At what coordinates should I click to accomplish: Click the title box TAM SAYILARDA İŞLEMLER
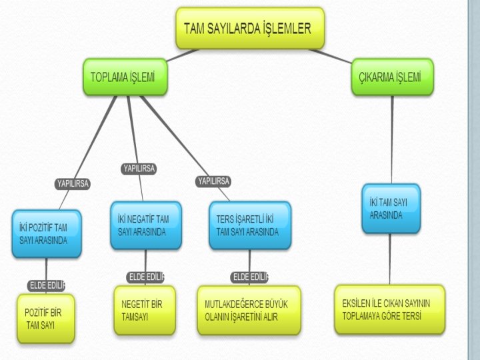pyautogui.click(x=250, y=28)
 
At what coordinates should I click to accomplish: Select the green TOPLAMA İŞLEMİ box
pyautogui.click(x=125, y=77)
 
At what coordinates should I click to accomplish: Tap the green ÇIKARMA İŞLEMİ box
pyautogui.click(x=391, y=77)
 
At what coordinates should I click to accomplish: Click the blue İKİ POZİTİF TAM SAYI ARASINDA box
pyautogui.click(x=46, y=234)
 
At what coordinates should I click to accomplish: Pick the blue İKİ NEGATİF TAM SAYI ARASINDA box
pyautogui.click(x=145, y=225)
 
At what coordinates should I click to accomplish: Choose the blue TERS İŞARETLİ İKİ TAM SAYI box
pyautogui.click(x=249, y=225)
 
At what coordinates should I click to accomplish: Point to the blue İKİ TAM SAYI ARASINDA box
pyautogui.click(x=391, y=208)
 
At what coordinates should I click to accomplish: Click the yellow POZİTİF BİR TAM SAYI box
pyautogui.click(x=45, y=319)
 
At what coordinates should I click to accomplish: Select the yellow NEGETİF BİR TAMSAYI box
pyautogui.click(x=144, y=310)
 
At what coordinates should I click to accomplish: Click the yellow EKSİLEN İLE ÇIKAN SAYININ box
pyautogui.click(x=389, y=309)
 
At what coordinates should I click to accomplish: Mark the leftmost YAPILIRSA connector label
pyautogui.click(x=73, y=183)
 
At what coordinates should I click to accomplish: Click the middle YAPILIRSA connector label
pyautogui.click(x=139, y=169)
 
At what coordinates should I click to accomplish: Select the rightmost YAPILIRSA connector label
pyautogui.click(x=213, y=181)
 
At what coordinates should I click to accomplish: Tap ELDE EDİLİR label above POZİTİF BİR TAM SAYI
pyautogui.click(x=47, y=285)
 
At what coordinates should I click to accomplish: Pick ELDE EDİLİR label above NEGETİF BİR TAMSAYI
pyautogui.click(x=145, y=277)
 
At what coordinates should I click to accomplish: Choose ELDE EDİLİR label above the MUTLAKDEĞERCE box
pyautogui.click(x=250, y=277)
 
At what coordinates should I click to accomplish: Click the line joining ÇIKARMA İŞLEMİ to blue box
pyautogui.click(x=392, y=140)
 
